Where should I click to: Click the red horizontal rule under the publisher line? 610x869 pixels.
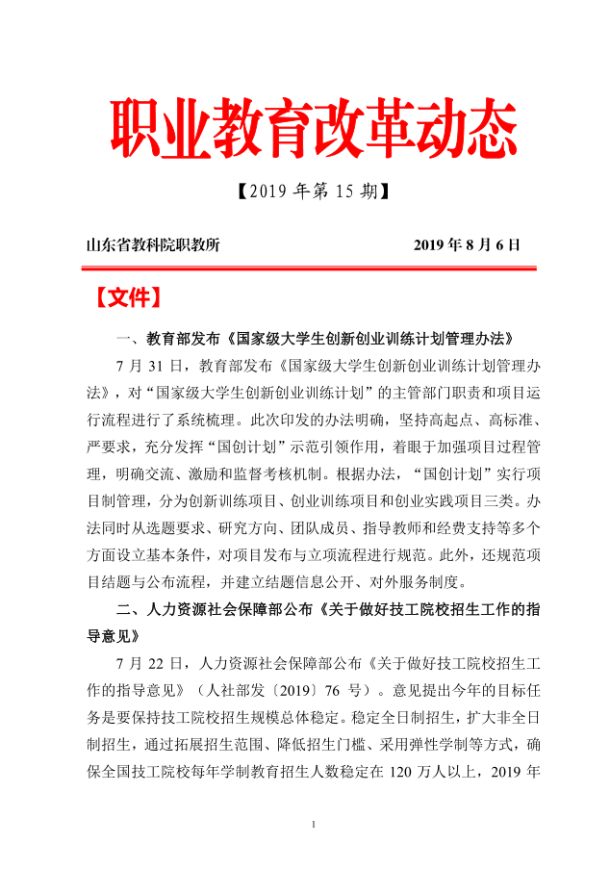click(306, 269)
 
